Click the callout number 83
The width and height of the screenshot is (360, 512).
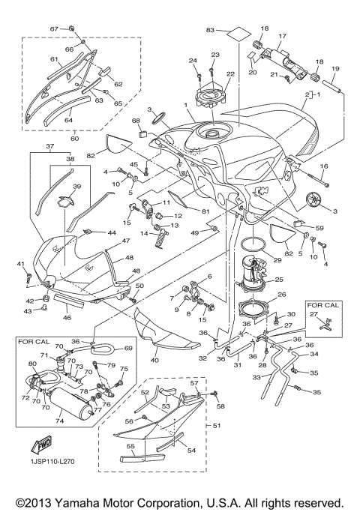(x=211, y=29)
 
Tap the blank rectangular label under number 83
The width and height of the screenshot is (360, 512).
(x=237, y=35)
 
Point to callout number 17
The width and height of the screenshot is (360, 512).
(x=283, y=35)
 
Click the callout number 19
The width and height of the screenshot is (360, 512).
(x=335, y=68)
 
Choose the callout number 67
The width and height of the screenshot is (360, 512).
(x=54, y=28)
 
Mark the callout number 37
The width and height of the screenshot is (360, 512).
(x=50, y=146)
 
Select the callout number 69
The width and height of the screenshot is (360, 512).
(x=127, y=349)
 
